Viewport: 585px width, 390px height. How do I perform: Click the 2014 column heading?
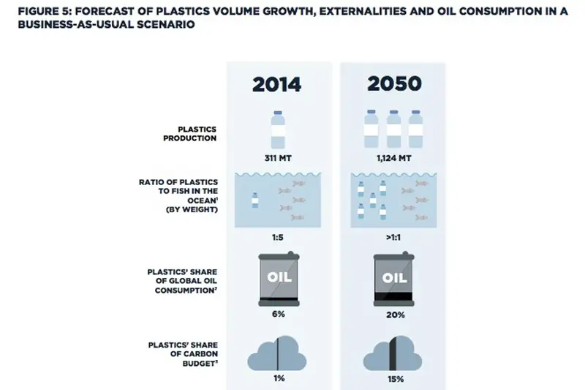pyautogui.click(x=276, y=84)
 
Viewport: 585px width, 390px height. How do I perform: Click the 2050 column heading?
pyautogui.click(x=394, y=83)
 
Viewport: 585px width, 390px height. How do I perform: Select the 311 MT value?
pyautogui.click(x=278, y=158)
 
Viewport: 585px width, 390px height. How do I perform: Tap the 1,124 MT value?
pyautogui.click(x=394, y=158)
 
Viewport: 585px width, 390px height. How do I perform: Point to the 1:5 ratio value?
pyautogui.click(x=278, y=237)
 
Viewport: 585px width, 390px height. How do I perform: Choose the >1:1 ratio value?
pyautogui.click(x=393, y=237)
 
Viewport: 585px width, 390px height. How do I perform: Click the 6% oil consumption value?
pyautogui.click(x=279, y=314)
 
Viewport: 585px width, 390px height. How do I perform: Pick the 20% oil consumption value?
pyautogui.click(x=396, y=315)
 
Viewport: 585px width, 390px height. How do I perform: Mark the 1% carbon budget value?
pyautogui.click(x=279, y=378)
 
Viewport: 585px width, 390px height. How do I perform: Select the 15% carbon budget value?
pyautogui.click(x=396, y=379)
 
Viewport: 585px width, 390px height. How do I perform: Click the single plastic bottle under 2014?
pyautogui.click(x=278, y=130)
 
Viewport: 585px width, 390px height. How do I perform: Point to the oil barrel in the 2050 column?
pyautogui.click(x=394, y=280)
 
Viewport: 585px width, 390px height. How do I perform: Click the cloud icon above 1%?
pyautogui.click(x=277, y=353)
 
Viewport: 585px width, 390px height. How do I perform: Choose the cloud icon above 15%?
pyautogui.click(x=393, y=353)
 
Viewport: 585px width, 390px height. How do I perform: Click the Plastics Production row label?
pyautogui.click(x=189, y=134)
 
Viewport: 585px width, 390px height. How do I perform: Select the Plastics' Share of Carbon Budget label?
pyautogui.click(x=183, y=354)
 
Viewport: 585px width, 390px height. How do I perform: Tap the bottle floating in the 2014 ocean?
pyautogui.click(x=254, y=200)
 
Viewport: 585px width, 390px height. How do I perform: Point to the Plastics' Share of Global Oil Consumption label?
pyautogui.click(x=182, y=281)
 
